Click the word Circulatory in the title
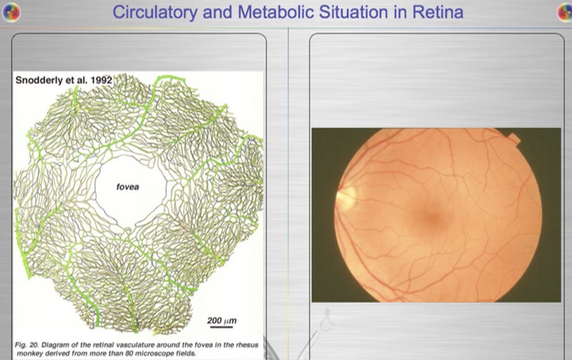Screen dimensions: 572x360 click(155, 13)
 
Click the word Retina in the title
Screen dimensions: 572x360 click(438, 12)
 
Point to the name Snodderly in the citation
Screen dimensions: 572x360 click(39, 80)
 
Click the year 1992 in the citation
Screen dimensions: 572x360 click(101, 80)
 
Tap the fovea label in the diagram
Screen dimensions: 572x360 click(128, 187)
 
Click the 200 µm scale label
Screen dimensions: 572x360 click(222, 321)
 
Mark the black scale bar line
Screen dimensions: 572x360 click(221, 327)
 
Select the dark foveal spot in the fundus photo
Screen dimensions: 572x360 click(434, 218)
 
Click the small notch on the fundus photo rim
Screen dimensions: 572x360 click(514, 138)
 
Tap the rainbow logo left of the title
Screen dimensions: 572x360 click(11, 13)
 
